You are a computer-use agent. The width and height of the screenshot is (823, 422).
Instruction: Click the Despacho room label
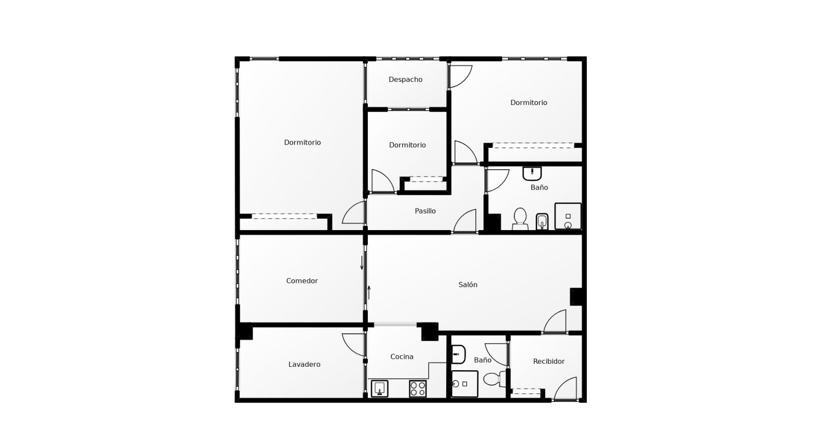tap(405, 80)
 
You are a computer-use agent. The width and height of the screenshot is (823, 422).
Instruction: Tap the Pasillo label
tap(425, 211)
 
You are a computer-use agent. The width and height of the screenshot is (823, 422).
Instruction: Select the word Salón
tap(468, 285)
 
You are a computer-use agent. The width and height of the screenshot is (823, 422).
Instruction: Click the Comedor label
tap(301, 281)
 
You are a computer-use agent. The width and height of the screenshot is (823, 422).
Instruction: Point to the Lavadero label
tap(304, 364)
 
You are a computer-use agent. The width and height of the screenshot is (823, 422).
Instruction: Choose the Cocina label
tap(401, 357)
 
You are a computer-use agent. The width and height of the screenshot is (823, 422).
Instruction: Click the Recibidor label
tap(549, 361)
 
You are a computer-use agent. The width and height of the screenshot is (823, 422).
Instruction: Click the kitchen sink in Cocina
tap(379, 388)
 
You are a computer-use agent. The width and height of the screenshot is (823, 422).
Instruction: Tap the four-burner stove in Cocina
tap(418, 388)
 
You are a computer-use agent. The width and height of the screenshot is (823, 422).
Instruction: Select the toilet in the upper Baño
tap(520, 219)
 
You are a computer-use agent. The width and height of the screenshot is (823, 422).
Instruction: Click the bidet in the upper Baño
tap(542, 222)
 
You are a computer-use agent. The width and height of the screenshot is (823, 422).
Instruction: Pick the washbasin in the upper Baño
tap(532, 173)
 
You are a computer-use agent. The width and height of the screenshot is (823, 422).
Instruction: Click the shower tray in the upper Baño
tap(568, 217)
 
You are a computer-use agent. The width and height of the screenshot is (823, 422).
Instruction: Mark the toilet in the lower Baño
tap(495, 379)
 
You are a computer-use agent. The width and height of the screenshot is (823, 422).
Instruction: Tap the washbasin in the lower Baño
tap(458, 354)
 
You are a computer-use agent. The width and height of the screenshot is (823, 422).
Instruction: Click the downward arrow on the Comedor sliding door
tap(362, 263)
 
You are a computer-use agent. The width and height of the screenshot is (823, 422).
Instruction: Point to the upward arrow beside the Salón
tap(369, 292)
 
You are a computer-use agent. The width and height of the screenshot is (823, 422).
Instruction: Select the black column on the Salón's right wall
tap(576, 297)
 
